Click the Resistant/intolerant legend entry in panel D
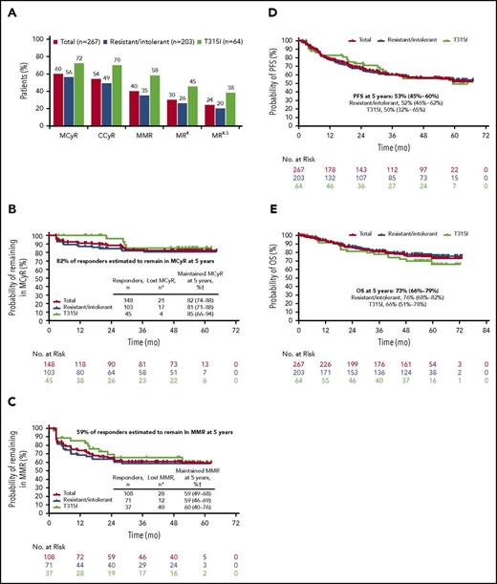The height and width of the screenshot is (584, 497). (391, 43)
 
